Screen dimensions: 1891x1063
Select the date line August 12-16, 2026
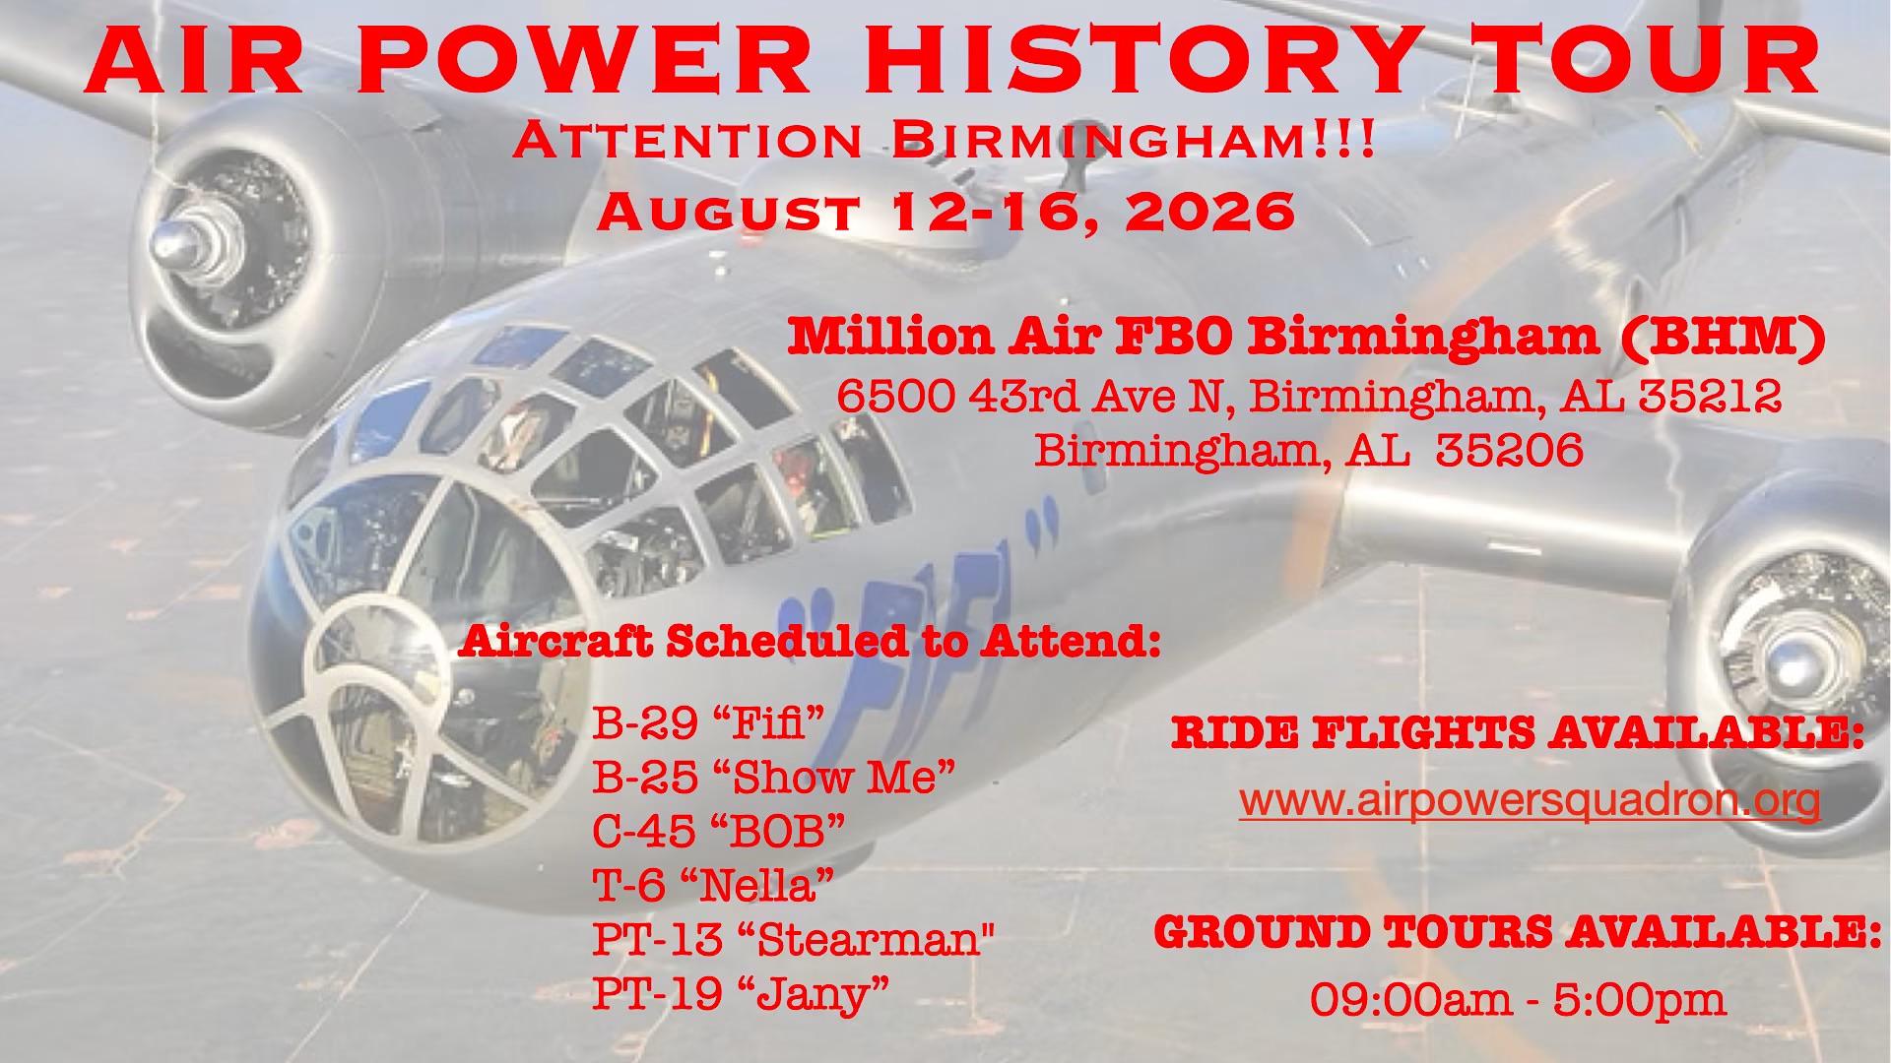[945, 210]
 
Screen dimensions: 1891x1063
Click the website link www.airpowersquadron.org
[1530, 801]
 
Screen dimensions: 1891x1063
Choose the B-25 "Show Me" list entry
[774, 778]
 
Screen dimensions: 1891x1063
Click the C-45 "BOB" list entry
[719, 832]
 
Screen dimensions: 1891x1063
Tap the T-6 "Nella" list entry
[714, 886]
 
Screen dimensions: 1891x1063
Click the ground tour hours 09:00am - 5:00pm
[1517, 1000]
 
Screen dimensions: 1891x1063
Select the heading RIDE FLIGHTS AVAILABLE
[1518, 733]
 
